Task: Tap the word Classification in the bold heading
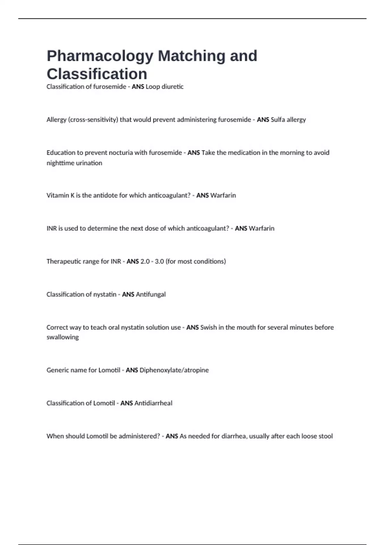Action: [97, 74]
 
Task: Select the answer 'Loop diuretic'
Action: [165, 87]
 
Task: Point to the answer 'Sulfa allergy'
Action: [288, 120]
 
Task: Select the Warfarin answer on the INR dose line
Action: [261, 228]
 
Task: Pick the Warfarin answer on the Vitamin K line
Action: [223, 195]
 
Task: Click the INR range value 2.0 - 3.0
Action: [152, 261]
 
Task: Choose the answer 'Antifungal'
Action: [151, 294]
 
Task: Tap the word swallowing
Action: [63, 337]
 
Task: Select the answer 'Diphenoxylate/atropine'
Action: [174, 370]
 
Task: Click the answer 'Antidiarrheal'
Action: [153, 403]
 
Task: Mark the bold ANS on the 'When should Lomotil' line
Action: [172, 436]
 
